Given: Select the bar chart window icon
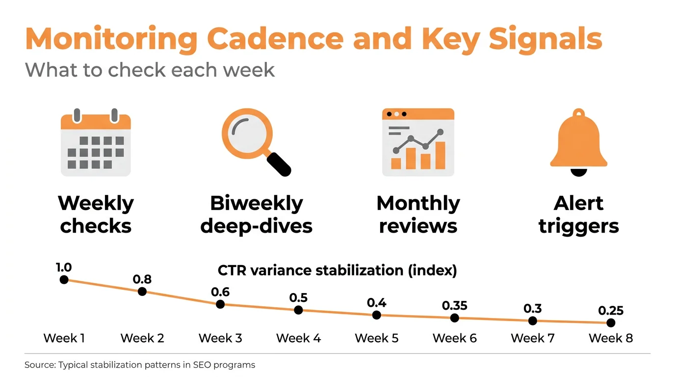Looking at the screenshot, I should (x=418, y=142).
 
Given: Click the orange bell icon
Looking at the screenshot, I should (x=579, y=143).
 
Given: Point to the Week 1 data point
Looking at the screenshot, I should (x=64, y=279).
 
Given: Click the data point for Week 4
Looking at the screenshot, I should (x=298, y=310).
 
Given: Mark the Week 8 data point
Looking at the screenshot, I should (x=611, y=323).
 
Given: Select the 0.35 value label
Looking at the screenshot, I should (x=455, y=306).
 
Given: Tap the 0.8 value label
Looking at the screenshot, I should (x=142, y=279).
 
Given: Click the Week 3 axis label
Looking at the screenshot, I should (x=220, y=338).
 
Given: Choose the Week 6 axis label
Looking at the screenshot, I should (x=455, y=338).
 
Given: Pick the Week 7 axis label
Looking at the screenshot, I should (x=533, y=338).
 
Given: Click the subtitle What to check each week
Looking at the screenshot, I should (x=150, y=70).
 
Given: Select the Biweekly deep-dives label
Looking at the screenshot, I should (x=257, y=215).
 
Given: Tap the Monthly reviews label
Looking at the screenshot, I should (x=418, y=215).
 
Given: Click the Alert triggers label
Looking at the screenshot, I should (x=579, y=215).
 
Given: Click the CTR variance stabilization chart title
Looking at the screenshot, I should (x=337, y=270).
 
